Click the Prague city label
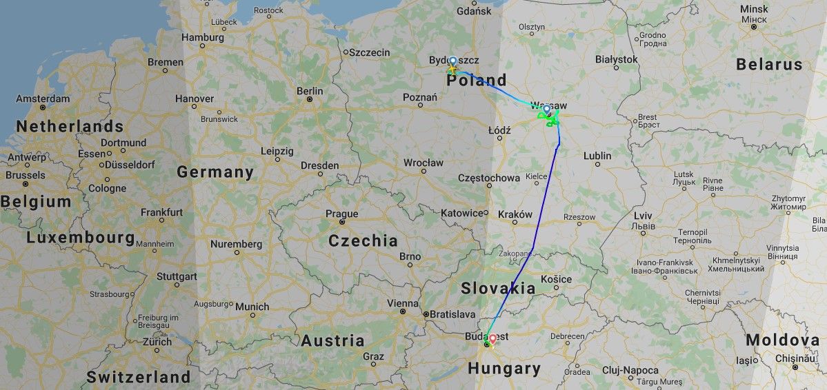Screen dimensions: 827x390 pos(341,214)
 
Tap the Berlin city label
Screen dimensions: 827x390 pos(310,91)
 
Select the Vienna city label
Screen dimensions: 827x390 pos(403,303)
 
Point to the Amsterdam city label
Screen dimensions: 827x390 pos(43,99)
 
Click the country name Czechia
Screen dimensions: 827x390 pos(363,240)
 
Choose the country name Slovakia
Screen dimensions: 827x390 pos(499,287)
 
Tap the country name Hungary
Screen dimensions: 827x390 pos(504,369)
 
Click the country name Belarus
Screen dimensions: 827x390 pos(769,65)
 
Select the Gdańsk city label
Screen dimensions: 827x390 pos(475,11)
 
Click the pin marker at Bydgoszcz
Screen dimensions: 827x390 pos(452,61)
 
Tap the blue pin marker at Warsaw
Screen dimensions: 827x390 pos(547,110)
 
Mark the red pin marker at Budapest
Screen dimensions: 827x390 pos(492,339)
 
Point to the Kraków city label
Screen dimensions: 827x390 pos(515,214)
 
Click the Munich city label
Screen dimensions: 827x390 pos(252,306)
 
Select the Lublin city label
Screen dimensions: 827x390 pos(597,156)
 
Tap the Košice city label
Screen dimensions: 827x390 pos(557,279)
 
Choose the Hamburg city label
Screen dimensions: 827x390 pos(203,37)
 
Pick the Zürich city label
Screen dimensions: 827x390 pos(157,342)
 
